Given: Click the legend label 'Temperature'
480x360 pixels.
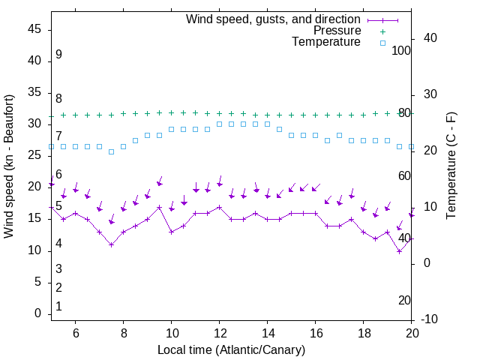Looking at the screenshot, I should (x=326, y=43).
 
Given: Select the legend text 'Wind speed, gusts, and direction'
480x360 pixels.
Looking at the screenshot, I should (x=274, y=19).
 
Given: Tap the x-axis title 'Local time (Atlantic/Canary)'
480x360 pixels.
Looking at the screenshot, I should (x=231, y=350).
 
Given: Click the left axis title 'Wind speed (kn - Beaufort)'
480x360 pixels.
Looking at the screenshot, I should (x=9, y=166).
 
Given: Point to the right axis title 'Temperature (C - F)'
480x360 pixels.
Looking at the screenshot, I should (x=451, y=166).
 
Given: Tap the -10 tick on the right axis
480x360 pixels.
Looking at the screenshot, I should (x=430, y=319).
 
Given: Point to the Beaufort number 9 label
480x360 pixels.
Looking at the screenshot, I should (x=58, y=55).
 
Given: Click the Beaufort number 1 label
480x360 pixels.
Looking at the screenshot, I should (x=58, y=306).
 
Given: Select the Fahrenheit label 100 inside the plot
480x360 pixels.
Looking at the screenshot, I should (x=402, y=50).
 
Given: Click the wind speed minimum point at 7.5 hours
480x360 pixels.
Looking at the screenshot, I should (x=111, y=244).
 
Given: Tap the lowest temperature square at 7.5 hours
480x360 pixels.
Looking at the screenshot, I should (x=111, y=151).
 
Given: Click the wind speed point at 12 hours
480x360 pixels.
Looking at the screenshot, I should (x=219, y=207).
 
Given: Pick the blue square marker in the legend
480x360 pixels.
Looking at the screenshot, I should (x=382, y=43).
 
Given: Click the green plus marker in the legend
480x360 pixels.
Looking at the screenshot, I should (x=382, y=31).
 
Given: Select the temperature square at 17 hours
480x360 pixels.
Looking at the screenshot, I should (x=339, y=135).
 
